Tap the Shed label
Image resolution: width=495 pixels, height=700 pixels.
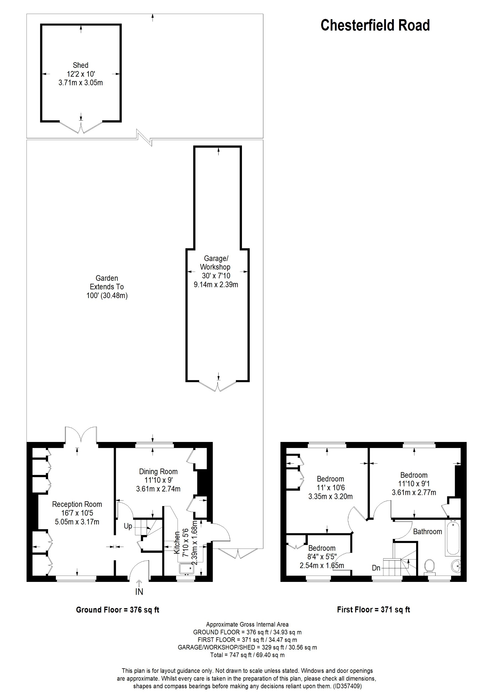point(81,65)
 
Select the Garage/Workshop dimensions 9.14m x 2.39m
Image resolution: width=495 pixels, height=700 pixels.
point(216,285)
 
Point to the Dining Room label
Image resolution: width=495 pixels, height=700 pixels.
point(158,471)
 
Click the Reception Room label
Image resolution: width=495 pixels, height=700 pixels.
point(77,504)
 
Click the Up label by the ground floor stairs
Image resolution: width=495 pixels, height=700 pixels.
point(128,526)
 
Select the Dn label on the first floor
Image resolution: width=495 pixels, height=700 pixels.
point(376,568)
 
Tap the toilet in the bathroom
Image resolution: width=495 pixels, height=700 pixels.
point(429,566)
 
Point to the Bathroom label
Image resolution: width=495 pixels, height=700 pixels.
point(427,532)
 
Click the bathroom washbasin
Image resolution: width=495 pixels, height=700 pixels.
point(456,566)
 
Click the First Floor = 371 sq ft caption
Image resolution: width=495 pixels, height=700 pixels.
point(373,610)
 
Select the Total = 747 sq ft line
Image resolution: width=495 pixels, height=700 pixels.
point(247,655)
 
